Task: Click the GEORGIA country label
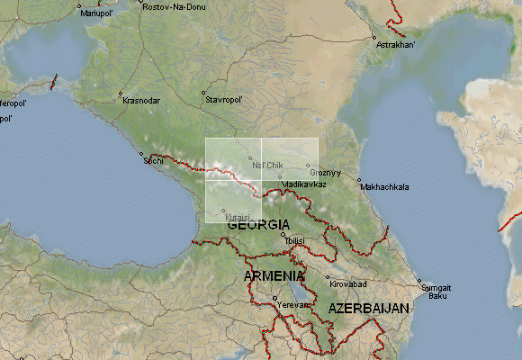point(259,224)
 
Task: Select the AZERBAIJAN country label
point(369,308)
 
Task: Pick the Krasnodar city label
point(141,100)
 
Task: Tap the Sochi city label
point(154,161)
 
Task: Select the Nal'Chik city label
point(267,166)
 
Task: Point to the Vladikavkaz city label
point(303,184)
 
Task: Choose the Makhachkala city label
point(384,187)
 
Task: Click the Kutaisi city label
point(237,217)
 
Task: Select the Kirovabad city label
point(348,284)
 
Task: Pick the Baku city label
point(437,295)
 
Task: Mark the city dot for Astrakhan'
point(373,37)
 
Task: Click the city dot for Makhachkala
point(358,181)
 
